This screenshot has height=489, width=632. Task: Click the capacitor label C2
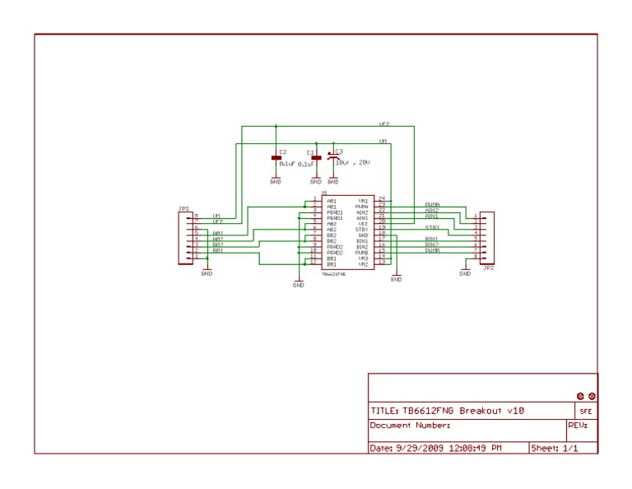(x=283, y=152)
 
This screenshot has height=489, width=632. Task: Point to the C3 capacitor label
(x=339, y=151)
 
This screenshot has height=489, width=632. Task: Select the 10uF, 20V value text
(x=352, y=163)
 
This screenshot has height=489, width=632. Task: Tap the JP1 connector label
(x=184, y=208)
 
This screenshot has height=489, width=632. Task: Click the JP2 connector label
(x=488, y=268)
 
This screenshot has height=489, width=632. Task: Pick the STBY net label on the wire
(x=432, y=227)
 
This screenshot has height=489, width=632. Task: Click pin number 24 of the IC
(x=381, y=199)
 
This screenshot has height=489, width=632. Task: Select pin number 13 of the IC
(x=381, y=263)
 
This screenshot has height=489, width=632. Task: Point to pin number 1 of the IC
(x=314, y=199)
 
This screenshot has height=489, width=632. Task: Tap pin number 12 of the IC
(x=314, y=263)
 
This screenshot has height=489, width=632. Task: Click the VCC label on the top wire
(x=383, y=123)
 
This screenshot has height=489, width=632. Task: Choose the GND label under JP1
(x=206, y=273)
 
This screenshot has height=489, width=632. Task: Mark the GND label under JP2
(x=465, y=273)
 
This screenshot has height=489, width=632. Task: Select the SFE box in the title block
(x=585, y=411)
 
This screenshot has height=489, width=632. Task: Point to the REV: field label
(x=577, y=426)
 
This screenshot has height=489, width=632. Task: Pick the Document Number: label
(x=410, y=426)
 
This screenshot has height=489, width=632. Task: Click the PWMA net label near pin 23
(x=432, y=204)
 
